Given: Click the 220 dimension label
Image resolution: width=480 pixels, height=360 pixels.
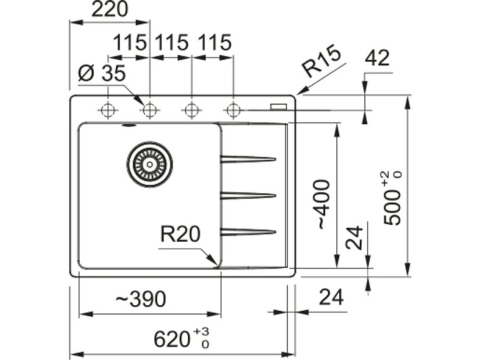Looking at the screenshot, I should [x=110, y=10].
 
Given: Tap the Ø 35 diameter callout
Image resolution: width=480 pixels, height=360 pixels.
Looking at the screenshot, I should [x=101, y=74].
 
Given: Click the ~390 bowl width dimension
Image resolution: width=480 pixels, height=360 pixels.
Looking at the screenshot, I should [x=141, y=299].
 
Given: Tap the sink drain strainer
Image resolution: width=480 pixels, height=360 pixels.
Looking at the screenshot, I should [x=149, y=164].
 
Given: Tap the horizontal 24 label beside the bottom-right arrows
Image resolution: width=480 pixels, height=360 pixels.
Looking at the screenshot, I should [x=332, y=297].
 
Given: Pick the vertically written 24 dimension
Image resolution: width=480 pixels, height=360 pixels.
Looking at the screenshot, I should [x=354, y=237].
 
